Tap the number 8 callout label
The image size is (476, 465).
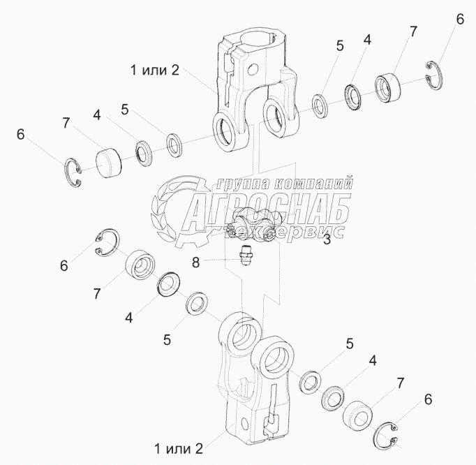[196, 263]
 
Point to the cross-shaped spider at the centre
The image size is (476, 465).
[253, 224]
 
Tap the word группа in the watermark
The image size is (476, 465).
[243, 183]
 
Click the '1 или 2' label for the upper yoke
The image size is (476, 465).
[155, 71]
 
